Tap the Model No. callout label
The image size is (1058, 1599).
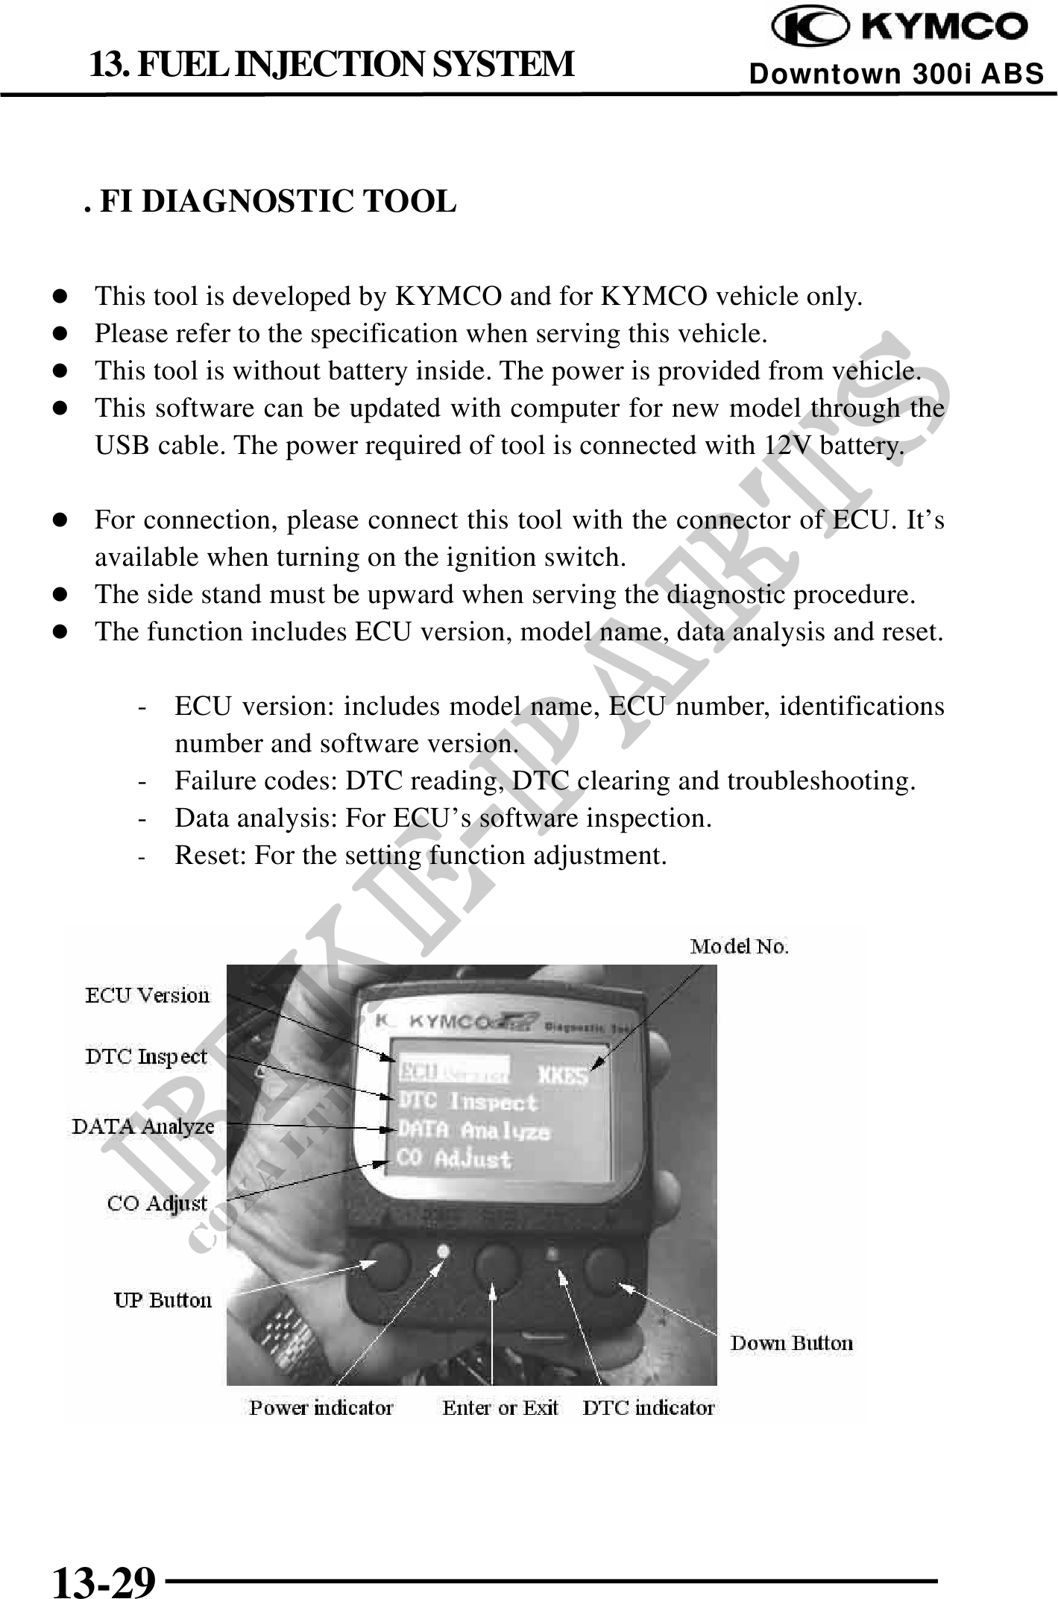point(739,947)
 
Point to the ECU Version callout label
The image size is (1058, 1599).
point(148,996)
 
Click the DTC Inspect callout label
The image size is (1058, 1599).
point(146,1056)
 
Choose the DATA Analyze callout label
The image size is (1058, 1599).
point(143,1126)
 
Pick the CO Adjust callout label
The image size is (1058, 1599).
point(157,1203)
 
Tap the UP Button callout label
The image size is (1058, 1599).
point(163,1301)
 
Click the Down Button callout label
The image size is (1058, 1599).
point(791,1343)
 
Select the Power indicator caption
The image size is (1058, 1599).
point(321,1407)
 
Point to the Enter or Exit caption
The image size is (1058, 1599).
point(500,1407)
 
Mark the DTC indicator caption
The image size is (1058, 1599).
point(648,1407)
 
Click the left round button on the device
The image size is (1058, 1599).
point(386,1264)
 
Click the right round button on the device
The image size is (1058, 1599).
point(605,1265)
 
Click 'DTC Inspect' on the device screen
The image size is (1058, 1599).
point(468,1102)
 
